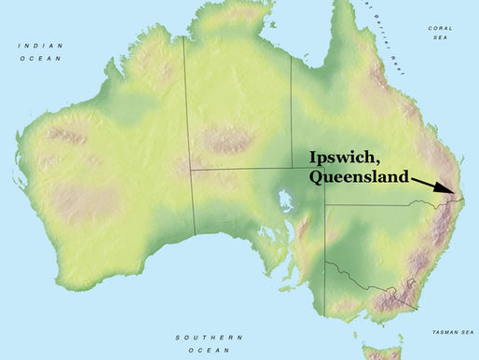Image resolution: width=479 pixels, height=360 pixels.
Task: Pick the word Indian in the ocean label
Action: coord(36,44)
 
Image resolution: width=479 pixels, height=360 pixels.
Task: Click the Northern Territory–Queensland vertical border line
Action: coord(292,112)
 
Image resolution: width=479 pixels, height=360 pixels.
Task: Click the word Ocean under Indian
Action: coord(36,57)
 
